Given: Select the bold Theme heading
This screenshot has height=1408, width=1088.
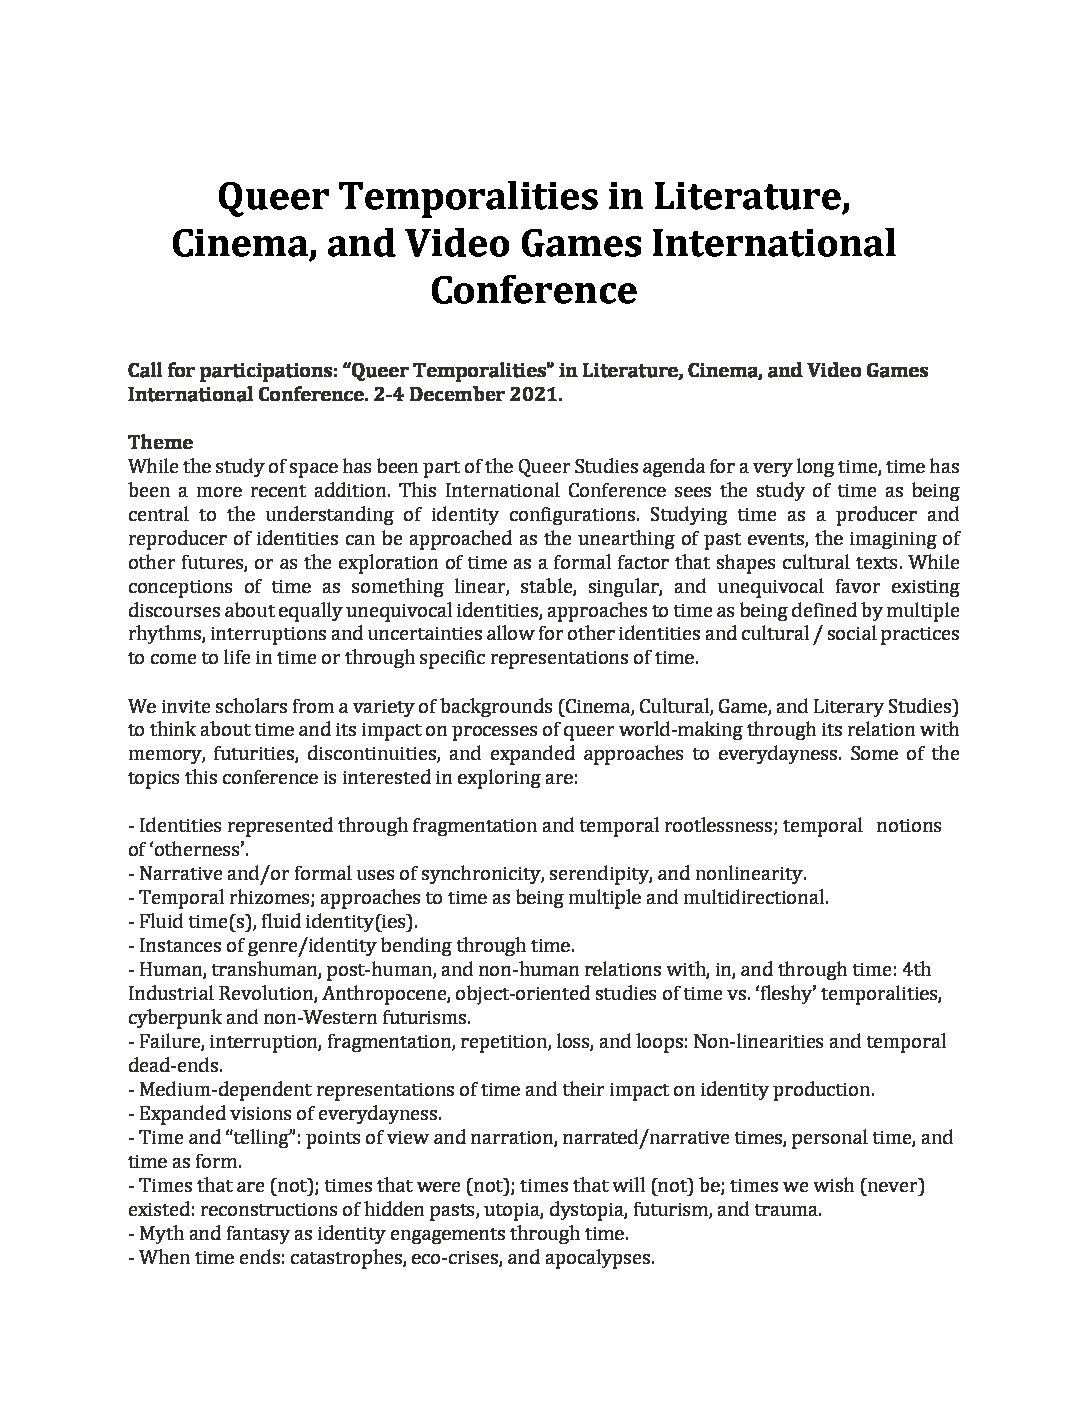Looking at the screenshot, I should (160, 442).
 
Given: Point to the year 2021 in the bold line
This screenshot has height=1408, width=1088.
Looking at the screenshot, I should (535, 394).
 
